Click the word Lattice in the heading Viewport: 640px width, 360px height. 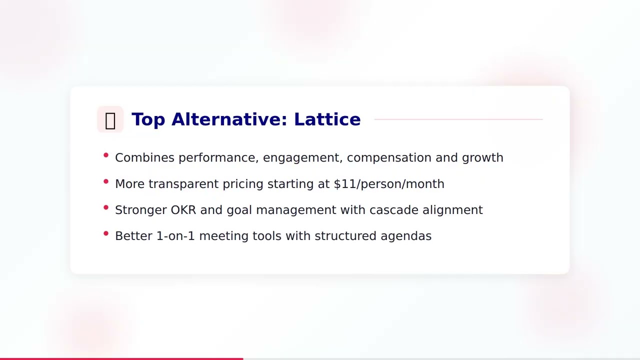point(327,119)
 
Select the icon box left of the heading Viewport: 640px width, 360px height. point(110,119)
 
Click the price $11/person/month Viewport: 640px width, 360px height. point(389,184)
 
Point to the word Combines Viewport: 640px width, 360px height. point(144,157)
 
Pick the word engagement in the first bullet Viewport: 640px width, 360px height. point(302,157)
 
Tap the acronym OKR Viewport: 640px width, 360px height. point(183,210)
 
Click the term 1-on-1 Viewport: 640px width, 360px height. point(175,236)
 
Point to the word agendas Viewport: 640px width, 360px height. point(406,236)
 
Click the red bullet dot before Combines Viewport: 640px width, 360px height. point(106,155)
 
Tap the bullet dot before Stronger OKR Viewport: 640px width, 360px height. point(106,207)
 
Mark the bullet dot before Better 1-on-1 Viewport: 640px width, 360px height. point(106,233)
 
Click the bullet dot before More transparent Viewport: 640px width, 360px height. point(106,181)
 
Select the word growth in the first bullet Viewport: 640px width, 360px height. point(482,158)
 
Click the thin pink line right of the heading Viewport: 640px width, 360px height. point(458,119)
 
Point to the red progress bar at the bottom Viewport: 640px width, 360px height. point(121,358)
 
